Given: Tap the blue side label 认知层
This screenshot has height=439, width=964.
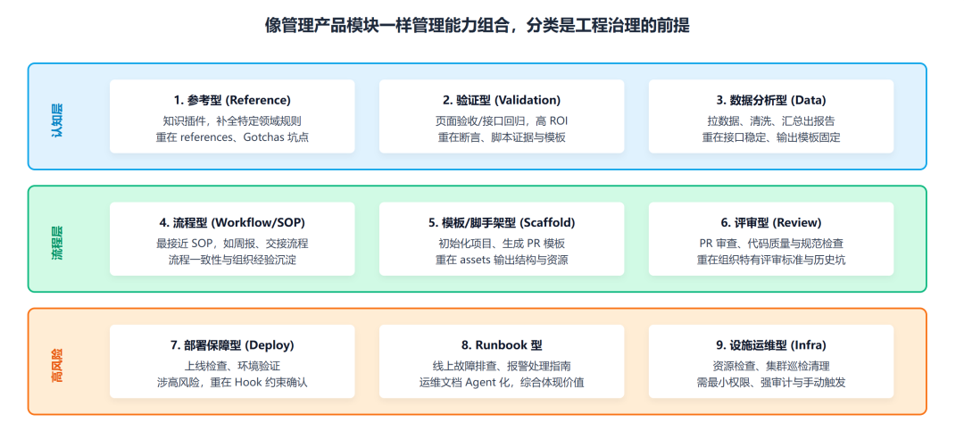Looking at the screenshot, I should click(x=57, y=116).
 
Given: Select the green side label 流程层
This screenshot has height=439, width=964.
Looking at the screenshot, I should click(x=57, y=239).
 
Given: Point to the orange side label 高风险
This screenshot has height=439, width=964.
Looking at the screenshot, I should click(x=57, y=362).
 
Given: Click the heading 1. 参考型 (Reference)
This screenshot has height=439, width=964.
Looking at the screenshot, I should click(x=232, y=100).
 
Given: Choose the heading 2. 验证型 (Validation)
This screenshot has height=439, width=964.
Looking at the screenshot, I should click(x=502, y=100).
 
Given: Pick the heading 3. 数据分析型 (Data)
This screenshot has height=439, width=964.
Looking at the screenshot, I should click(x=771, y=100).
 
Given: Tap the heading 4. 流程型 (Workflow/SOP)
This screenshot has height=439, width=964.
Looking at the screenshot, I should click(x=232, y=222).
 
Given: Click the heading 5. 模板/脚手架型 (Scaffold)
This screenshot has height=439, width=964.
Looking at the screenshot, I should click(x=502, y=222).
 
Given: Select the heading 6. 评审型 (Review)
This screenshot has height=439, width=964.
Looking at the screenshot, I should click(x=771, y=222).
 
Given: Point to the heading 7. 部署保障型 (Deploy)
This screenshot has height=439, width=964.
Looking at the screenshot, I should click(x=232, y=345).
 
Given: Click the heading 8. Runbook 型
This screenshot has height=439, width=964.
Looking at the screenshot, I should click(x=502, y=345).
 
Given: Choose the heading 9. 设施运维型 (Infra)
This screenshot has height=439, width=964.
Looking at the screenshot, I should click(x=771, y=345).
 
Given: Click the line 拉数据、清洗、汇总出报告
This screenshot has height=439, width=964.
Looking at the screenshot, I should click(x=771, y=120).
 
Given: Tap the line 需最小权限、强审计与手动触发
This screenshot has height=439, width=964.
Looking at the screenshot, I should click(x=771, y=383).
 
